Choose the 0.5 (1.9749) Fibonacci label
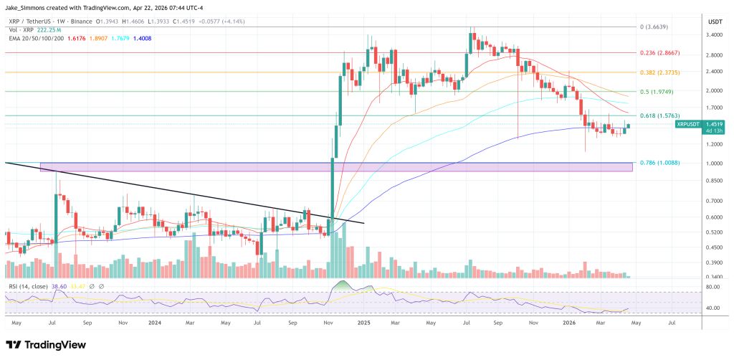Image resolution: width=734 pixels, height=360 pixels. [660, 92]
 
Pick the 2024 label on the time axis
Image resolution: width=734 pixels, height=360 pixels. [155, 323]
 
